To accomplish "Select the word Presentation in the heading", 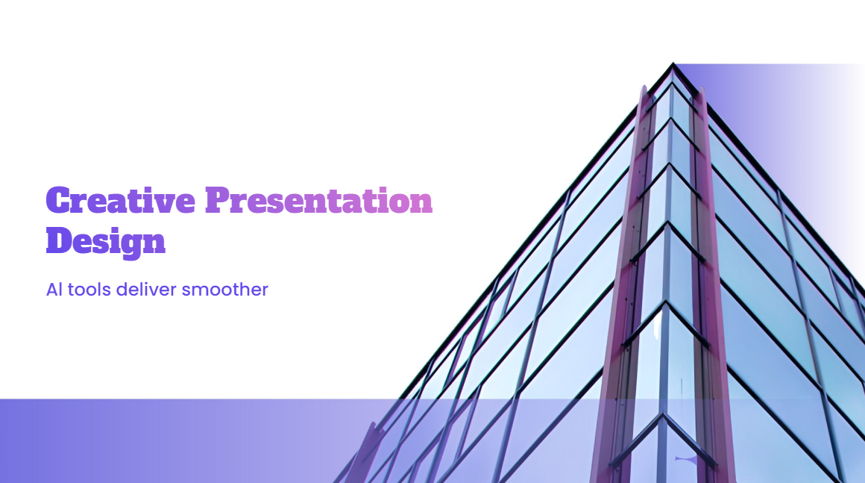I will pos(319,201).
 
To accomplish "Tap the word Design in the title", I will pos(105,242).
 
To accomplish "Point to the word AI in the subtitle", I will pos(54,290).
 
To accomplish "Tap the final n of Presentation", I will pos(421,202).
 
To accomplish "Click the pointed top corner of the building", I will pos(673,65).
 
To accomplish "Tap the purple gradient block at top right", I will pos(768,112).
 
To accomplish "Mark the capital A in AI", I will pos(51,290).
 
